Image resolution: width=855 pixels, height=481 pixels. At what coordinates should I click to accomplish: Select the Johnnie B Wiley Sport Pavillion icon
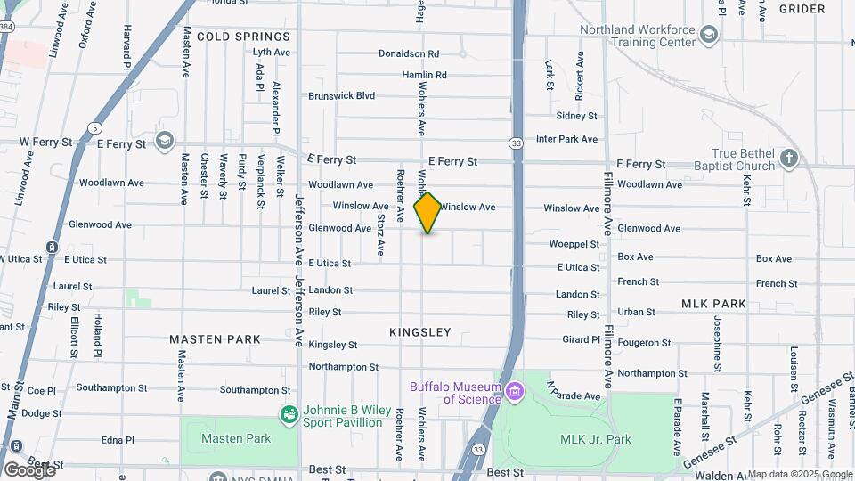coord(289,415)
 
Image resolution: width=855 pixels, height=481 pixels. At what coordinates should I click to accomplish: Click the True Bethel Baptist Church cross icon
coord(787,159)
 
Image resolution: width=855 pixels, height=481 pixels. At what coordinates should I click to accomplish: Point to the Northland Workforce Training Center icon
coord(709,35)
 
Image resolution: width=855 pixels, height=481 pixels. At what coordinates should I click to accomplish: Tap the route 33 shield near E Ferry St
coord(517,143)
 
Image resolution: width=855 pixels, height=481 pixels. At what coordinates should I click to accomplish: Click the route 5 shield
coord(94,128)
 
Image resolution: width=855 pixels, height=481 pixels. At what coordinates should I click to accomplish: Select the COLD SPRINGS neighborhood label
coord(243,37)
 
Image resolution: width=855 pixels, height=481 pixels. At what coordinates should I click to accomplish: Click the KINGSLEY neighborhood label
coord(420,332)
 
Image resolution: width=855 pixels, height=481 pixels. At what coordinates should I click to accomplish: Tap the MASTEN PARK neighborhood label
coord(216,339)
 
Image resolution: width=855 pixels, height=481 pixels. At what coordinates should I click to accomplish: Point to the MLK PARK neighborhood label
coord(713,304)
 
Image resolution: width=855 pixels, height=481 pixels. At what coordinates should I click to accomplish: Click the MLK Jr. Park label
coord(595,439)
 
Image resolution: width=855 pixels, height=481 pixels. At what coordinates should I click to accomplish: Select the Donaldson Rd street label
coord(409,54)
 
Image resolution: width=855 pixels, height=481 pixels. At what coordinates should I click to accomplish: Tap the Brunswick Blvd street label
coord(342,96)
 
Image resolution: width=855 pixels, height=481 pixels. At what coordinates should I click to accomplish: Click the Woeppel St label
coord(574,243)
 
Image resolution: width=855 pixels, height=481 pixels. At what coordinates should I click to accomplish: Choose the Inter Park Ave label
coord(566,139)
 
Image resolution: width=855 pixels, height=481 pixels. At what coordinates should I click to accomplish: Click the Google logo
coord(28,469)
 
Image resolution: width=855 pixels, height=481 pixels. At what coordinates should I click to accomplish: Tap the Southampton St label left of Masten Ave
coord(111,388)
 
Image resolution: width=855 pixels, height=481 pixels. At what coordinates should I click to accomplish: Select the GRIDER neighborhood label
coord(802,9)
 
